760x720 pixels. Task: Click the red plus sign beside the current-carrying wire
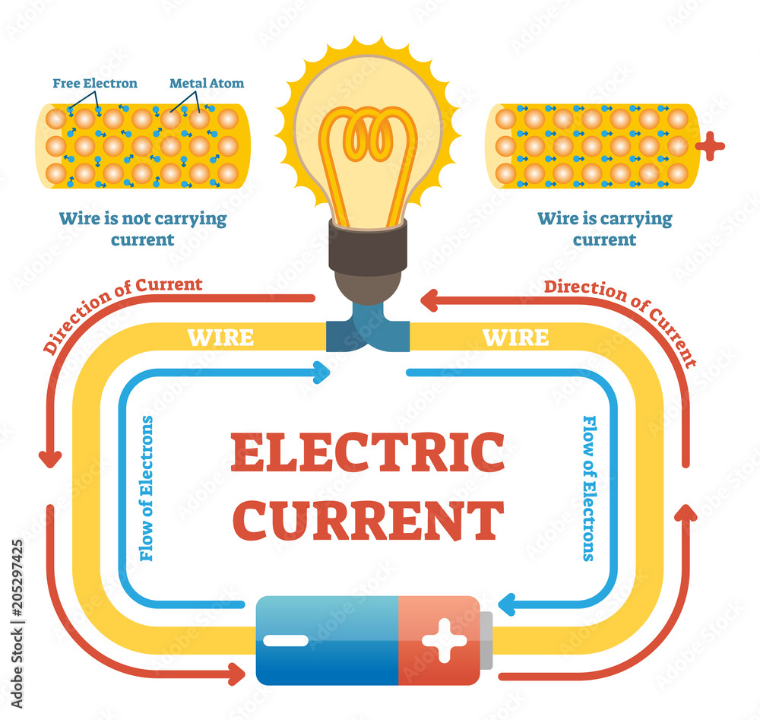710,145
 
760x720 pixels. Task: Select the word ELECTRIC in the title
368,452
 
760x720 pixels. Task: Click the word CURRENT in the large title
368,519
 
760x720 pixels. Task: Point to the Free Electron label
95,83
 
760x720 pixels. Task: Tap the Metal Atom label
207,83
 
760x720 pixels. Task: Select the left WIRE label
220,337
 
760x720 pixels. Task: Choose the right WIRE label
516,337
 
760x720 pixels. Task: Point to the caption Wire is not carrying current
143,229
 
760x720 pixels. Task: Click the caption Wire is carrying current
605,229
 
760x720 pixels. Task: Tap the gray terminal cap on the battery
486,641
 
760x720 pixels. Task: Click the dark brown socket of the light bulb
368,247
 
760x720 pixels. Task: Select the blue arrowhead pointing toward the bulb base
321,373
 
